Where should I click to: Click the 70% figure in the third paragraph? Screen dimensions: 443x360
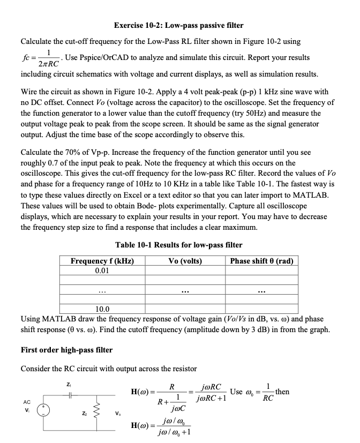tap(69, 152)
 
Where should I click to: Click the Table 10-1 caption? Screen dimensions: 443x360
tap(178, 245)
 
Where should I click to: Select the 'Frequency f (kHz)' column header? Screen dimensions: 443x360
tap(102, 261)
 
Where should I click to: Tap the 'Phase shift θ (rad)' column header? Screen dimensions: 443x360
tap(261, 261)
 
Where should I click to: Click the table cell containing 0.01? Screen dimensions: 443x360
tap(102, 271)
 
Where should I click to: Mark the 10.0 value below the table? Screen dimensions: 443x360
tap(102, 309)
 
